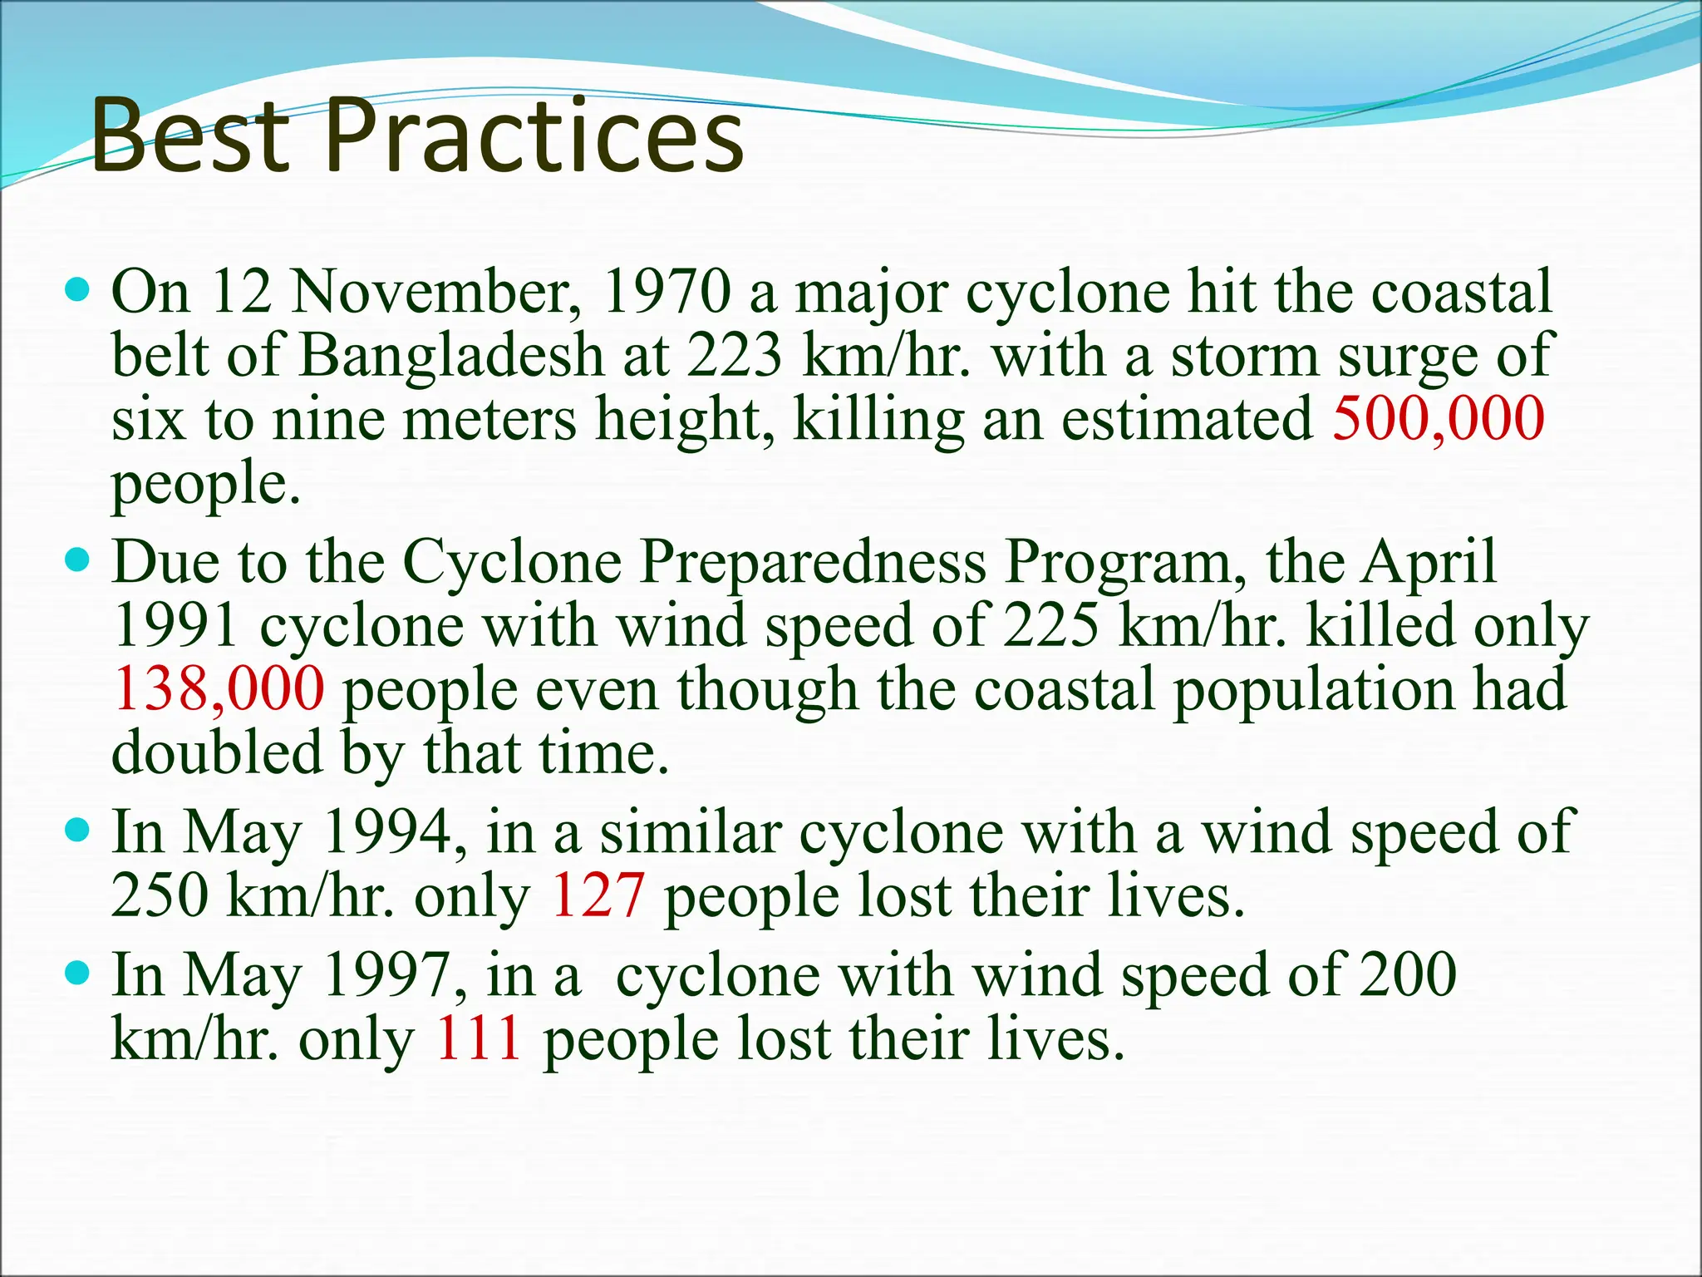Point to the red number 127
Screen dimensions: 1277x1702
(x=598, y=895)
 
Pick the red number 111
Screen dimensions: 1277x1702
(x=479, y=1039)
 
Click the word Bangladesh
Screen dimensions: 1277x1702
(x=451, y=356)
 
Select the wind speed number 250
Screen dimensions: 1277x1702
(x=160, y=895)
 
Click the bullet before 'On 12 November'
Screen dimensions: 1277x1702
(x=76, y=292)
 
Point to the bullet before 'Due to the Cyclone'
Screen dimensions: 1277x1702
(x=76, y=562)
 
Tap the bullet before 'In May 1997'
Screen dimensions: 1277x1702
(x=76, y=974)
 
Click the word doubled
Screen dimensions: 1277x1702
(x=217, y=752)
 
